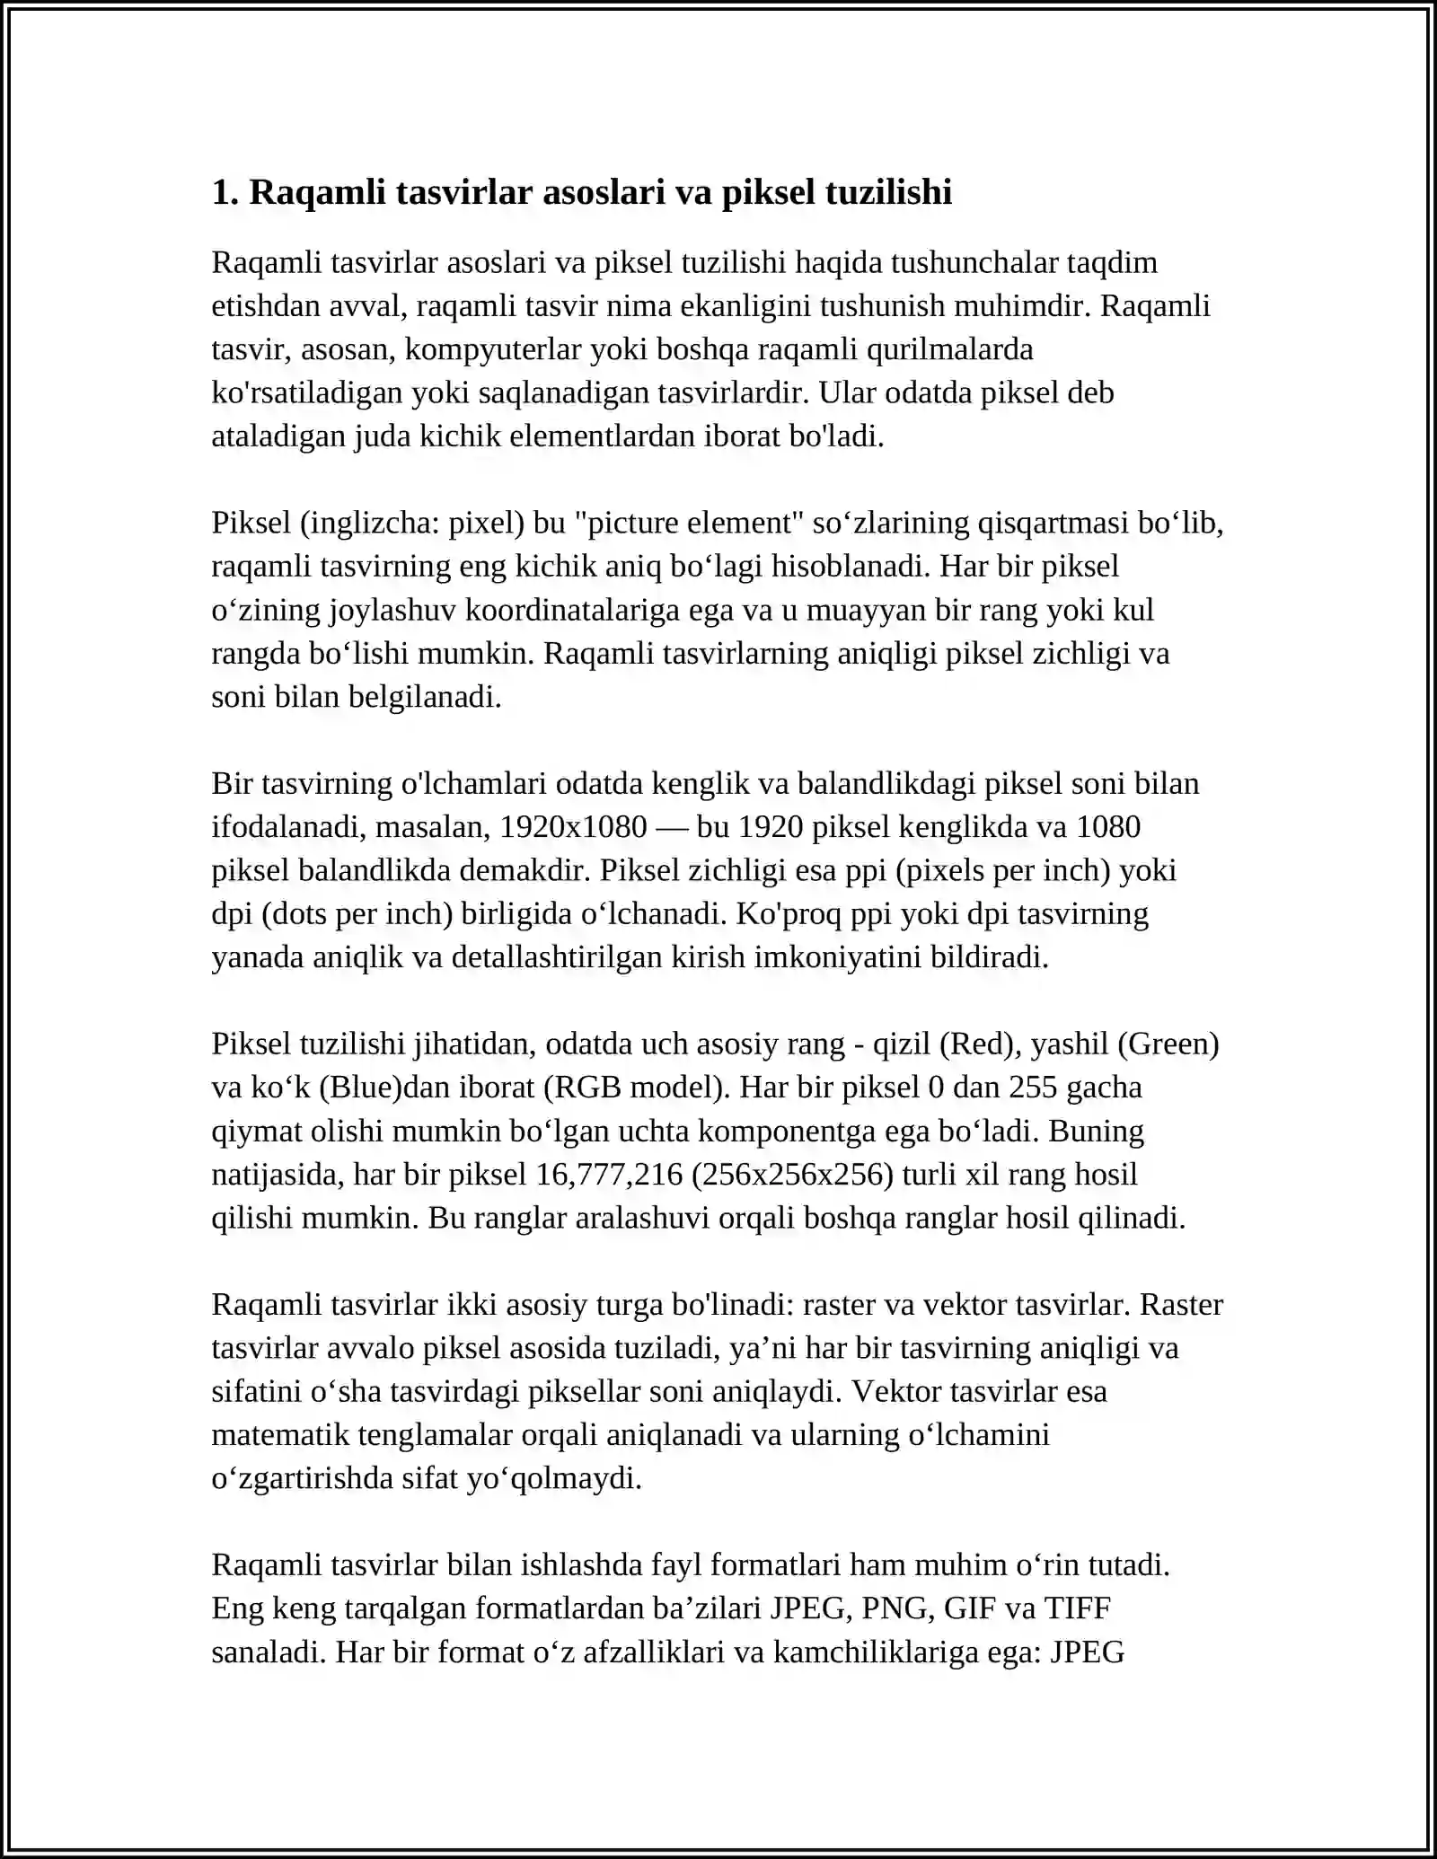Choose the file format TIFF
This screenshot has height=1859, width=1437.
(1078, 1608)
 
